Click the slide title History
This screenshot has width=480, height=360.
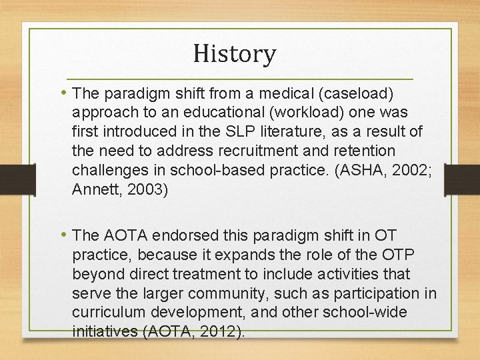235,53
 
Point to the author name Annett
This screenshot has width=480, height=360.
93,189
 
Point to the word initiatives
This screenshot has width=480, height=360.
104,332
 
